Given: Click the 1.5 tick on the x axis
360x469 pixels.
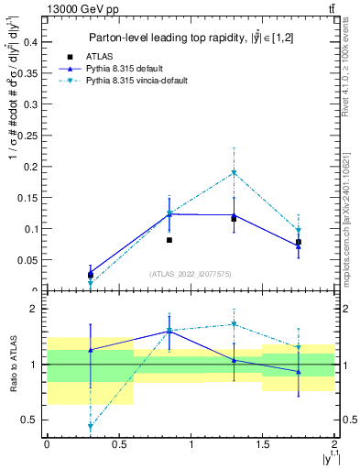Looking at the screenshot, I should click(x=262, y=443).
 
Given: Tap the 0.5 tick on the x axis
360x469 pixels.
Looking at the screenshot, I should click(x=118, y=443).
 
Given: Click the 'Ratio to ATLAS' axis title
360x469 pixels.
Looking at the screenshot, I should click(x=12, y=364).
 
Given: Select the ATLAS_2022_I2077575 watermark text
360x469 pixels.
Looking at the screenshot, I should click(x=191, y=274).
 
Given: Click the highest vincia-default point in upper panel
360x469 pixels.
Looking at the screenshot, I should click(x=235, y=172).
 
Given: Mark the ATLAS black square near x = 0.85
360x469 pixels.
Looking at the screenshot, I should click(x=169, y=240).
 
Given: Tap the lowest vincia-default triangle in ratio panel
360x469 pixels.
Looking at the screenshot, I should click(x=91, y=427).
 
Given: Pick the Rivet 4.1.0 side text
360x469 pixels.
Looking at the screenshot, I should click(x=352, y=69).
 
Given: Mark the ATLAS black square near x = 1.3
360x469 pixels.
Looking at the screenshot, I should click(x=235, y=219).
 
